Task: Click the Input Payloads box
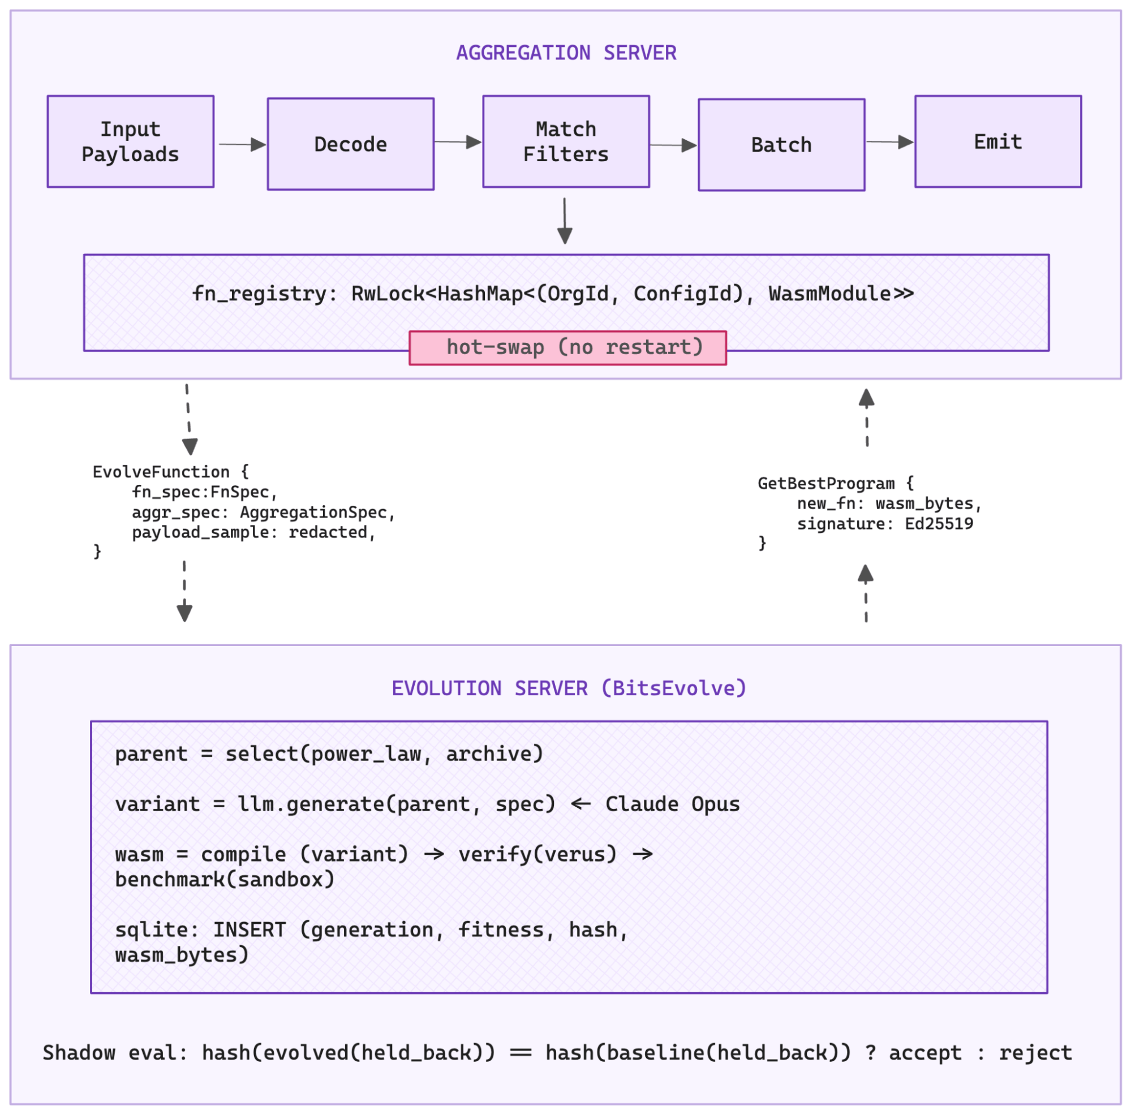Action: point(130,141)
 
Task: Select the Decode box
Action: point(350,144)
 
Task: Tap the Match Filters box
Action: point(566,141)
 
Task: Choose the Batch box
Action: point(781,145)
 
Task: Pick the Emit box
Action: point(997,141)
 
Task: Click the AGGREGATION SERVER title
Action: point(566,53)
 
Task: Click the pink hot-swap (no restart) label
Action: point(567,348)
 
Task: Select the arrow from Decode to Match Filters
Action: point(458,142)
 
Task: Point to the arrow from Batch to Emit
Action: point(889,142)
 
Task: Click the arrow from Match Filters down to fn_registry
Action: point(564,221)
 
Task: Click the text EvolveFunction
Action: point(161,472)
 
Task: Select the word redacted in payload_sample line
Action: point(328,532)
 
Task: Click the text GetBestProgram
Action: point(825,484)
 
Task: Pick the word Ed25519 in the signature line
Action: point(939,524)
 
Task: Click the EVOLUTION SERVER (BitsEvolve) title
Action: point(569,688)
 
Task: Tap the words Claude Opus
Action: point(672,804)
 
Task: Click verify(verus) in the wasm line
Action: point(537,855)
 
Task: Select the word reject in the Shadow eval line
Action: point(1035,1053)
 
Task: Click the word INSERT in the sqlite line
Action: point(250,930)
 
